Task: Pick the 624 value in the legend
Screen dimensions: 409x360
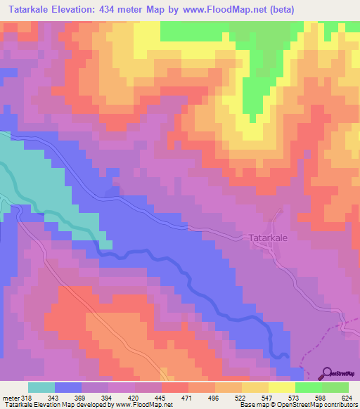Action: coord(345,398)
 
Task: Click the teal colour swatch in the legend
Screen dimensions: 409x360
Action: coord(41,387)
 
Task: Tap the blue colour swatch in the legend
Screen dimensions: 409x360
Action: coord(68,387)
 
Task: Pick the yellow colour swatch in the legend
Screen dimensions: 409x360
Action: coord(281,387)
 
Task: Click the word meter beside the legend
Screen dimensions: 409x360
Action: coord(8,398)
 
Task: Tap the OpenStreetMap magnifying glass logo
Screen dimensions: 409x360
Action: coord(328,373)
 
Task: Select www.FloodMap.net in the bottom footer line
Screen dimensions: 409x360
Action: coord(141,405)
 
